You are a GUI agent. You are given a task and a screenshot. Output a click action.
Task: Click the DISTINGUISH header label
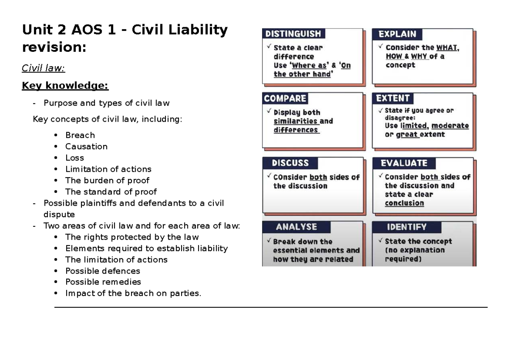[x=293, y=34]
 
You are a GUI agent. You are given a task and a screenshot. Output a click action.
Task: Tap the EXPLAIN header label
[x=397, y=34]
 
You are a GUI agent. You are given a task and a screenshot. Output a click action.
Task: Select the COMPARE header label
[x=285, y=98]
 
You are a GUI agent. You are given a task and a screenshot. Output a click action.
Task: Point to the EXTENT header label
[x=393, y=98]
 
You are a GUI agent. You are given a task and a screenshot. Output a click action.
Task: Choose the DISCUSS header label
[x=290, y=163]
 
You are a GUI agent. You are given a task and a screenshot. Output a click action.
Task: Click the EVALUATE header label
[x=404, y=163]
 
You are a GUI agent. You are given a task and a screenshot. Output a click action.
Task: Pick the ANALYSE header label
[x=296, y=227]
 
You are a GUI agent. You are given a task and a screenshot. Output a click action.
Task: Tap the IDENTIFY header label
[x=406, y=227]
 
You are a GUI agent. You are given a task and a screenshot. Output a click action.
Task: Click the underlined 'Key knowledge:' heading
[x=65, y=86]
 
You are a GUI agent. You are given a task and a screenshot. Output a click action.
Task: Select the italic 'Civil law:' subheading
[x=43, y=68]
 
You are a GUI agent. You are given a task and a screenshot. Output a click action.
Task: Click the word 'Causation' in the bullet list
[x=86, y=146]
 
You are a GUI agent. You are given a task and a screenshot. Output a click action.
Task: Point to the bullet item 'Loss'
[x=75, y=158]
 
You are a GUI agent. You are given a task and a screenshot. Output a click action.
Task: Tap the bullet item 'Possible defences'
[x=103, y=271]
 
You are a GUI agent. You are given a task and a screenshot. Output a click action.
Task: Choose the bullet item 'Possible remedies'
[x=103, y=282]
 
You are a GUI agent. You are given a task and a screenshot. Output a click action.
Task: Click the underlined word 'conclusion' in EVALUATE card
[x=404, y=203]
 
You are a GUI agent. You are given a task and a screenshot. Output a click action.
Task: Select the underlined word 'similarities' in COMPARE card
[x=296, y=121]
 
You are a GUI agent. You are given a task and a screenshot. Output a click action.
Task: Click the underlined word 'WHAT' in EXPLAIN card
[x=447, y=48]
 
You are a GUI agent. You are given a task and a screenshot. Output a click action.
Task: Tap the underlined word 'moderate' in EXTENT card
[x=450, y=126]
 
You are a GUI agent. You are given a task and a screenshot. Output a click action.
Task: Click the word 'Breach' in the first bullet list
[x=80, y=135]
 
